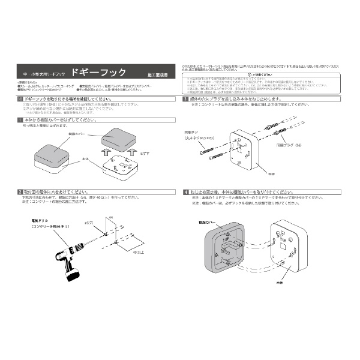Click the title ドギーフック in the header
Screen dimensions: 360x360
[98, 73]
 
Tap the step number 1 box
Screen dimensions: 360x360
[21, 120]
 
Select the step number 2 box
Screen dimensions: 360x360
[21, 191]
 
